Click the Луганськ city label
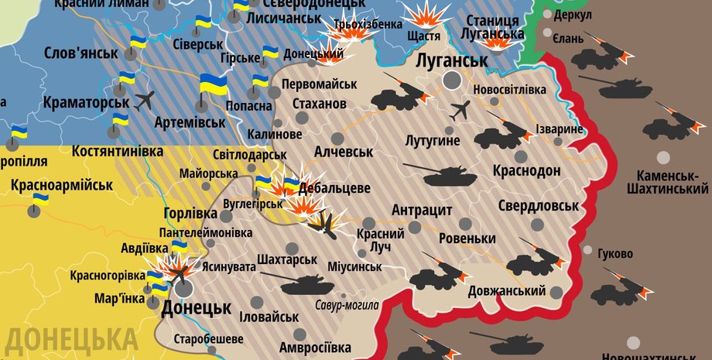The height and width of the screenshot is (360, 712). (452, 60)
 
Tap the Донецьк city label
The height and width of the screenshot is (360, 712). (196, 308)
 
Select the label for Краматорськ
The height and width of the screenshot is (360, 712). (86, 102)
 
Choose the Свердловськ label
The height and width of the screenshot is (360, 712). (539, 206)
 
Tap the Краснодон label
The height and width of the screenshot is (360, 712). (525, 171)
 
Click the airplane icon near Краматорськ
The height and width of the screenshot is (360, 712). (145, 100)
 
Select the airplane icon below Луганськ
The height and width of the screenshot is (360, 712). (460, 110)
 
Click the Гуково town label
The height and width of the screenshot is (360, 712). (616, 254)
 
